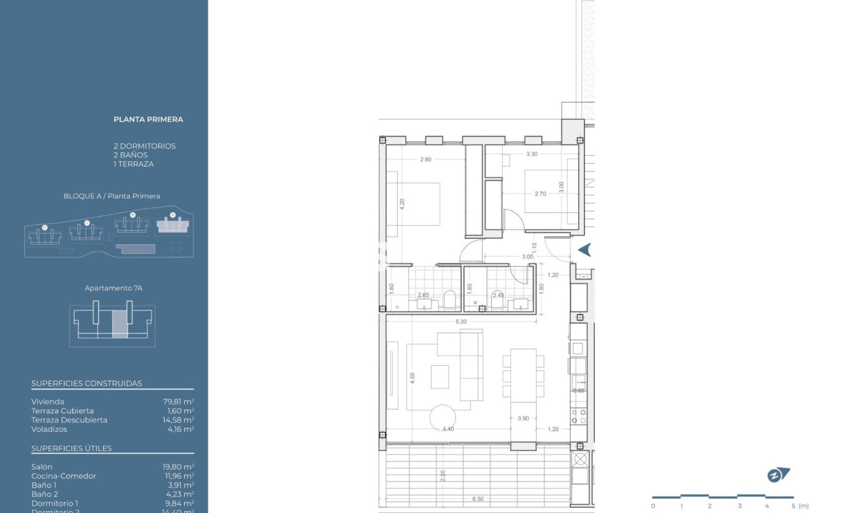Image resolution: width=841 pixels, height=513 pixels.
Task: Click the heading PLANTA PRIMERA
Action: click(148, 119)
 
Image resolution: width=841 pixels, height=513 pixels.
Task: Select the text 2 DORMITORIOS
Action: click(145, 146)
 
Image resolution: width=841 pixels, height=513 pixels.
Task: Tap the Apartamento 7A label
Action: click(113, 288)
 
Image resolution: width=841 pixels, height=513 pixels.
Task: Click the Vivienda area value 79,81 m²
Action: click(178, 402)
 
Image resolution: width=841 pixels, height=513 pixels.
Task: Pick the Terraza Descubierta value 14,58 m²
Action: click(178, 420)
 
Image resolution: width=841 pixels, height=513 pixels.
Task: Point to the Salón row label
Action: click(42, 467)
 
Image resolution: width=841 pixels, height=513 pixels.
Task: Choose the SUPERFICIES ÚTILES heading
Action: click(72, 448)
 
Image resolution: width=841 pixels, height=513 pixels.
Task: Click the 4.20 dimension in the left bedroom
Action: click(402, 205)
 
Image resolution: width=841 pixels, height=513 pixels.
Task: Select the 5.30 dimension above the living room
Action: click(460, 322)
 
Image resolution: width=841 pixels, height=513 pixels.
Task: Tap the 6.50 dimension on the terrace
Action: click(478, 499)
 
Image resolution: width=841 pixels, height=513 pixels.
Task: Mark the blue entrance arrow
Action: click(585, 250)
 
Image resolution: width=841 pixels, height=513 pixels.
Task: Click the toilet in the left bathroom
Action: click(450, 299)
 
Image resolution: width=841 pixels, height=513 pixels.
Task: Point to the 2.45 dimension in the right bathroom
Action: click(498, 295)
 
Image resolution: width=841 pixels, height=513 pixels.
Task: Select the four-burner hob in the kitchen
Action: click(579, 417)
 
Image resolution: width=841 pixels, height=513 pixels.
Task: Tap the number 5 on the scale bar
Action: click(793, 506)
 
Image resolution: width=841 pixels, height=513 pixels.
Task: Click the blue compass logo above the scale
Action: click(778, 475)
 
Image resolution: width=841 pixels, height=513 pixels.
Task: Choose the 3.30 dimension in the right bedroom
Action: click(531, 154)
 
